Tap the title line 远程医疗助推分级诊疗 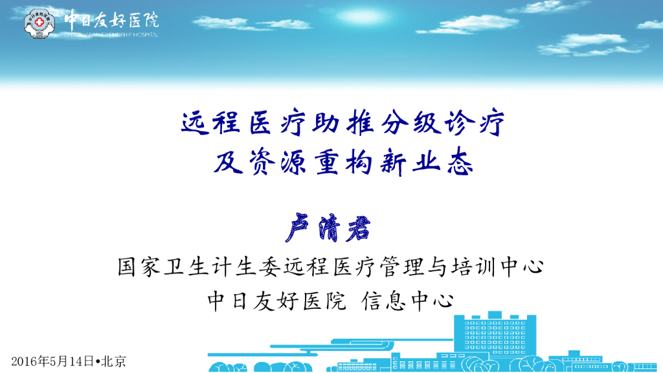coord(342,123)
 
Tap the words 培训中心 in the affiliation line coord(491,266)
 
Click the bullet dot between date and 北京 coord(97,361)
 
